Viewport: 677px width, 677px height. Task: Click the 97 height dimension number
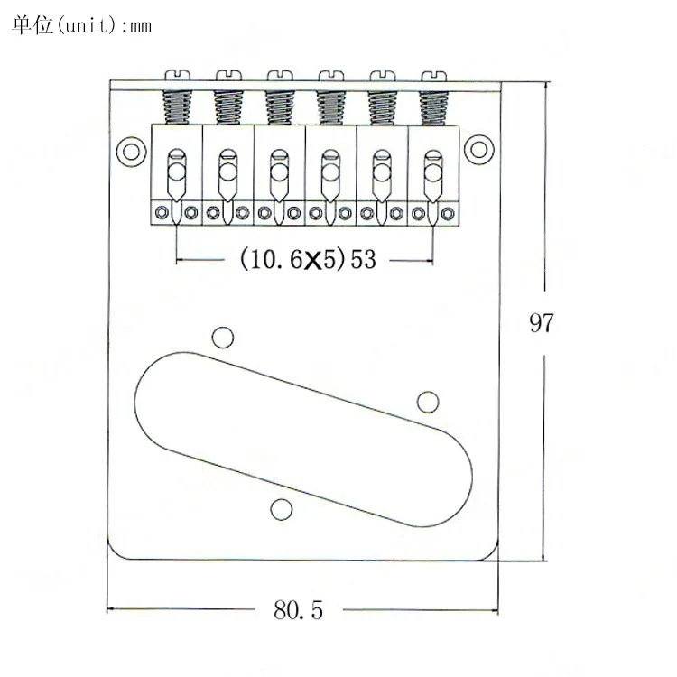coord(541,323)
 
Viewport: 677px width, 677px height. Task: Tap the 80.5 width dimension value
coord(298,610)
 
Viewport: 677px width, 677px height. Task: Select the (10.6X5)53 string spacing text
coord(308,259)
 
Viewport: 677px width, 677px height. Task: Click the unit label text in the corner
coord(81,25)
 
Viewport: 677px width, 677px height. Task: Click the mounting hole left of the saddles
coord(131,152)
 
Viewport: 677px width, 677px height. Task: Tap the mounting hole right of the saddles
coord(478,149)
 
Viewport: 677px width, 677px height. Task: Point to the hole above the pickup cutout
coord(223,338)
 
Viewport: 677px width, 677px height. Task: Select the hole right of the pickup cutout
coord(428,402)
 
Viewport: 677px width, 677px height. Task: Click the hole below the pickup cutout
coord(281,509)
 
